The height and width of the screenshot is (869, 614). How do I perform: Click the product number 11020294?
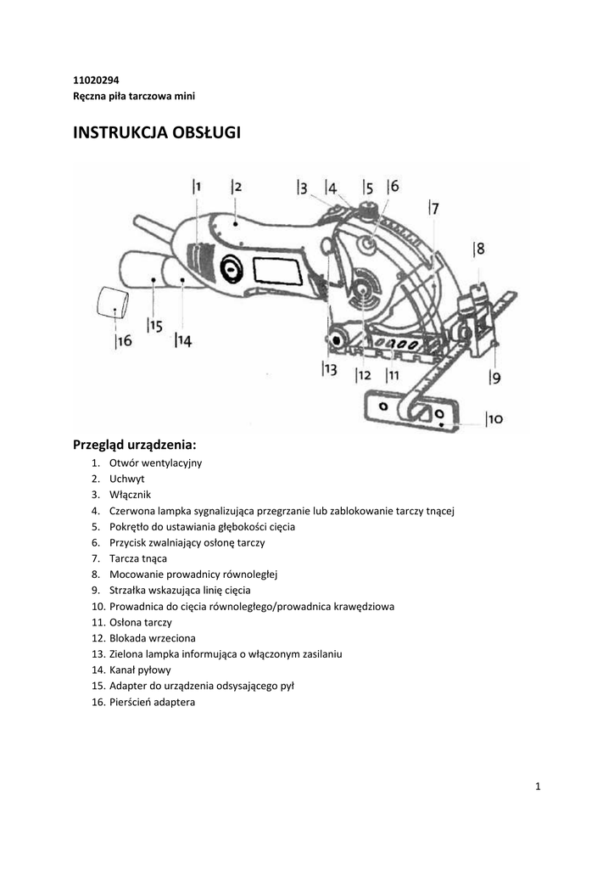coord(96,81)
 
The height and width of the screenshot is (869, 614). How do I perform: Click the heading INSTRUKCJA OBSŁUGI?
coord(157,133)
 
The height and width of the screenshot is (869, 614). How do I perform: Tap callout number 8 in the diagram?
coord(478,249)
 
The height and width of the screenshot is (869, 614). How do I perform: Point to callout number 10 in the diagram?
coord(494,419)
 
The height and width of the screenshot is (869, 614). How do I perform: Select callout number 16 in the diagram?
coord(124,341)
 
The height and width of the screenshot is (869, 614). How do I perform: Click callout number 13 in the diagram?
coord(329,369)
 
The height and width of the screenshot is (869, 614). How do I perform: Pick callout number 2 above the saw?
coord(237,187)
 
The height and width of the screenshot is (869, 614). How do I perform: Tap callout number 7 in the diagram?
coord(433,209)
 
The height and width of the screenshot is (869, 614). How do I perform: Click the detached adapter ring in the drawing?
coord(113,302)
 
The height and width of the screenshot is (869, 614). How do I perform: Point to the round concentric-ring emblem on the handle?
coord(231,269)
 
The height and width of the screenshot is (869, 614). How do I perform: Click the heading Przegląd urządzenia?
coord(135,445)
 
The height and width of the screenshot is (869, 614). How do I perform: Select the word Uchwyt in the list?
coord(127,479)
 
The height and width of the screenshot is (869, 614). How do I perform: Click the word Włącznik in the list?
coord(130,495)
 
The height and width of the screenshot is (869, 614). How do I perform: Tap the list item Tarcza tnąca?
coord(138,558)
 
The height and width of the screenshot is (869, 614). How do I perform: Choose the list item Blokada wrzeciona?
coord(153,638)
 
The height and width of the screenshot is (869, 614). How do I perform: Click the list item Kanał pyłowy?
coord(140,670)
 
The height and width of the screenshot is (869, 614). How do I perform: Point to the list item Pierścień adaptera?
coord(153,702)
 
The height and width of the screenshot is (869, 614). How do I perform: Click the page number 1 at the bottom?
coord(539,787)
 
